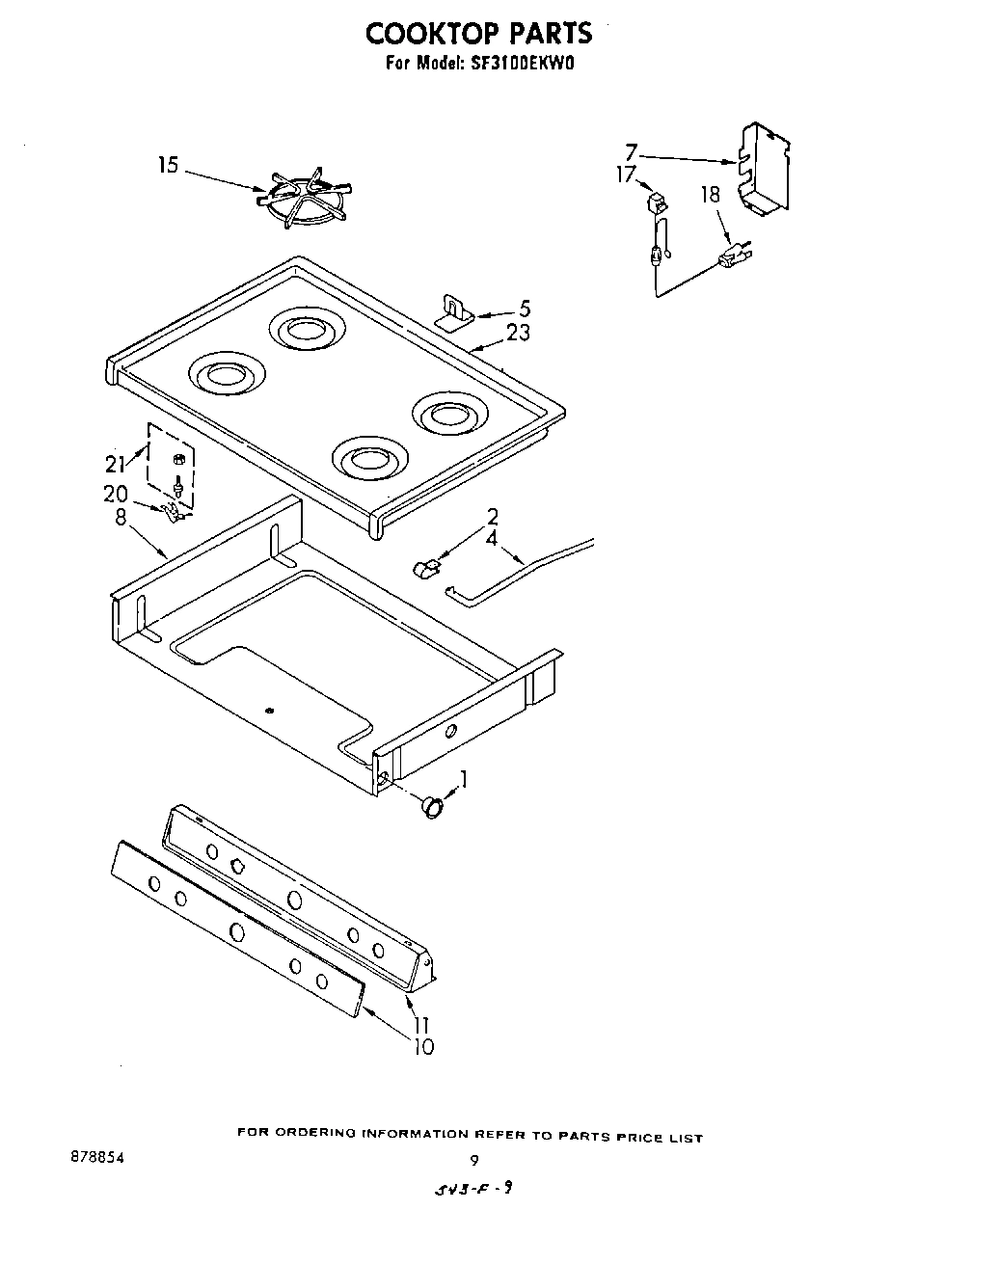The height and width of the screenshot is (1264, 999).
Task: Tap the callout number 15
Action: point(168,166)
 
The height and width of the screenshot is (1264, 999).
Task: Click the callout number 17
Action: point(626,175)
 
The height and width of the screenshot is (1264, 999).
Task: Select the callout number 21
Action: point(115,464)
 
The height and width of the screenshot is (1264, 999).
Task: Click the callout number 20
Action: point(115,494)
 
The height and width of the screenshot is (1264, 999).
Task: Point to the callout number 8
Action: point(121,518)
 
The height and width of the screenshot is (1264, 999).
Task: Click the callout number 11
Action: point(422,1025)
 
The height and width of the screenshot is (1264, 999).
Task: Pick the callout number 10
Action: point(423,1046)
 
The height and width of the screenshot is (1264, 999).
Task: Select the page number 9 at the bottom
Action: point(473,1161)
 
